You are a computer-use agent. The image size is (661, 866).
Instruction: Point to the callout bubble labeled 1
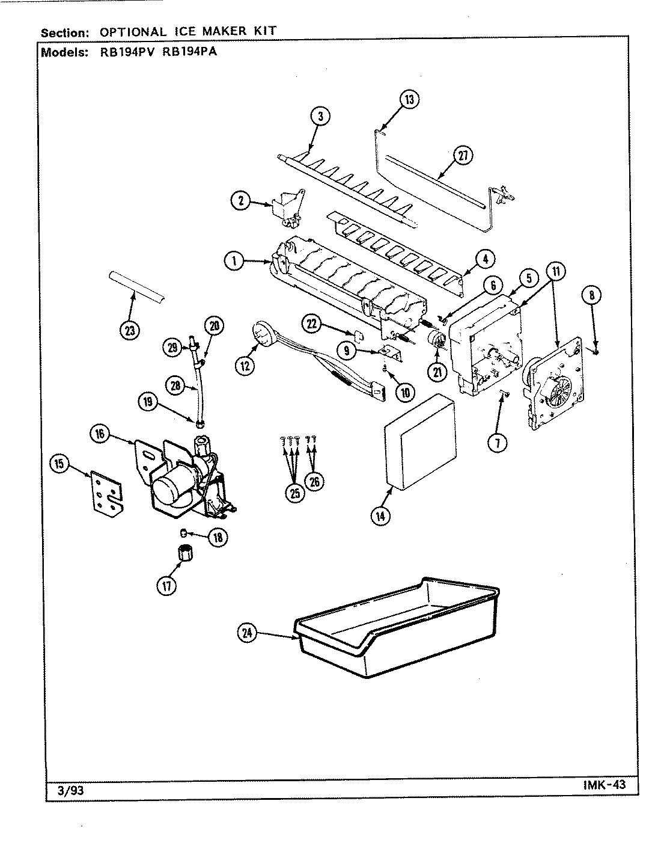[234, 261]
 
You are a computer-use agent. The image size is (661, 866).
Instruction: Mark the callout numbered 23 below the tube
[130, 330]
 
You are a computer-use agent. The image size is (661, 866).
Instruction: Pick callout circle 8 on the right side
[591, 295]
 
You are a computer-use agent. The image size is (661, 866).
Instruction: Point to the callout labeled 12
[245, 364]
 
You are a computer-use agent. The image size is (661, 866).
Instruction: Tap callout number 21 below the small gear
[437, 372]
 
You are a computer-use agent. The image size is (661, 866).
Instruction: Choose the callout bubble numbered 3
[321, 117]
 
